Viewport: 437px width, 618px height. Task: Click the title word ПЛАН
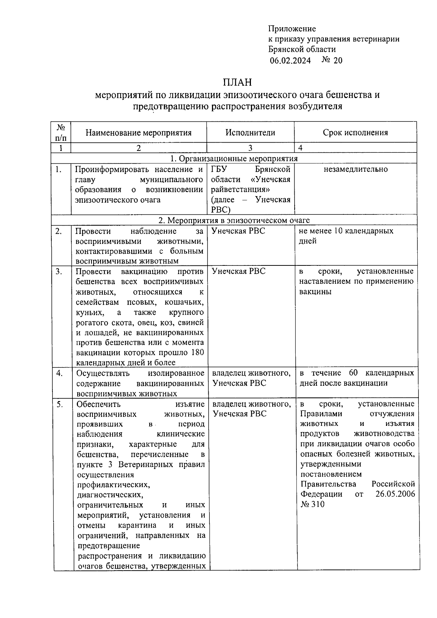[237, 82]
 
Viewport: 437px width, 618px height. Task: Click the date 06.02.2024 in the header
[290, 61]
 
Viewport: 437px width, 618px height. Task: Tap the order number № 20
[332, 60]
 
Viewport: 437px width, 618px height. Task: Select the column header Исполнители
[250, 132]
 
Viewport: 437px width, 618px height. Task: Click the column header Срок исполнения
[355, 132]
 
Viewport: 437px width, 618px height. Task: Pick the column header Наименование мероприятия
[138, 132]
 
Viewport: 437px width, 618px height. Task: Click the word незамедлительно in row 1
[355, 169]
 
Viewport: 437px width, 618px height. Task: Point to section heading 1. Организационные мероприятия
[234, 159]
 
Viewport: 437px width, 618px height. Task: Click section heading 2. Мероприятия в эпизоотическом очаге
[234, 220]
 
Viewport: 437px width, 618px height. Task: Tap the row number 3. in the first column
[59, 271]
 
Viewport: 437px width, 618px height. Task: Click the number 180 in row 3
[197, 353]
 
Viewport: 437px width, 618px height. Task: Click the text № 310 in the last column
[312, 504]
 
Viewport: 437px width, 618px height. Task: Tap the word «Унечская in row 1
[270, 179]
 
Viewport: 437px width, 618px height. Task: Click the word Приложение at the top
[292, 29]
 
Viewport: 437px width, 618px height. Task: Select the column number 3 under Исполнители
[250, 148]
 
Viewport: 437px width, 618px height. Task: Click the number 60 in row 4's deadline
[353, 373]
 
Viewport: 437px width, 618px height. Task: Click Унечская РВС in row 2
[239, 231]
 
